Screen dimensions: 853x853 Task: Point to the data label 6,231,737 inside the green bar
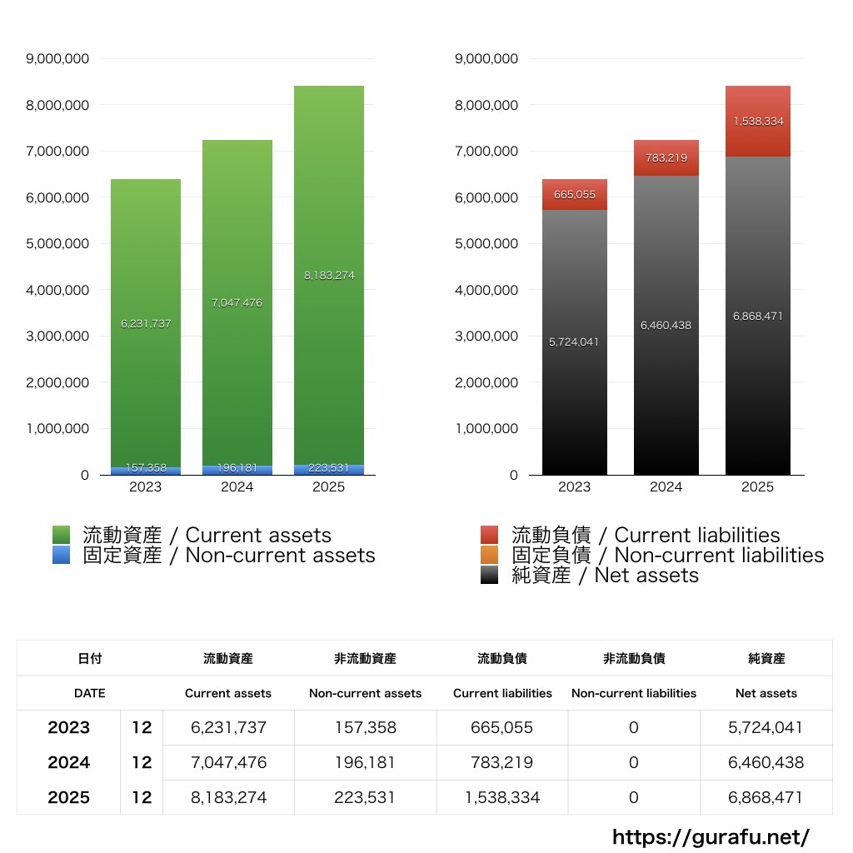[146, 324]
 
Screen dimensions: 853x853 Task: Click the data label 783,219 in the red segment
[666, 157]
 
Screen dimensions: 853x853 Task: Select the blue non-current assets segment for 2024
[237, 470]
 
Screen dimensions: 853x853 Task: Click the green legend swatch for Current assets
[61, 535]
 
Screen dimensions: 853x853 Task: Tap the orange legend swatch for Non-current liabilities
[490, 555]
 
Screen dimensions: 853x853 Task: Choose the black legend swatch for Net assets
[490, 575]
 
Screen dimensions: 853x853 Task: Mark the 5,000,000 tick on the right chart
[486, 244]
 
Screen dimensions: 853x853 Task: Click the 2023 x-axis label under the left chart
[146, 487]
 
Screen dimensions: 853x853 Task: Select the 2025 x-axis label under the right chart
[757, 487]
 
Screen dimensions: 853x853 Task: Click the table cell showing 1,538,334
[502, 797]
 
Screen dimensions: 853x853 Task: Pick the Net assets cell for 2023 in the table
[766, 727]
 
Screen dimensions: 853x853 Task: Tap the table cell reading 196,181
[365, 762]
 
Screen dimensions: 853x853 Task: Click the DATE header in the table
[89, 693]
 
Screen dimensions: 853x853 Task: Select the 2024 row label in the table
[68, 762]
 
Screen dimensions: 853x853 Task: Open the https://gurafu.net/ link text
[711, 836]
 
